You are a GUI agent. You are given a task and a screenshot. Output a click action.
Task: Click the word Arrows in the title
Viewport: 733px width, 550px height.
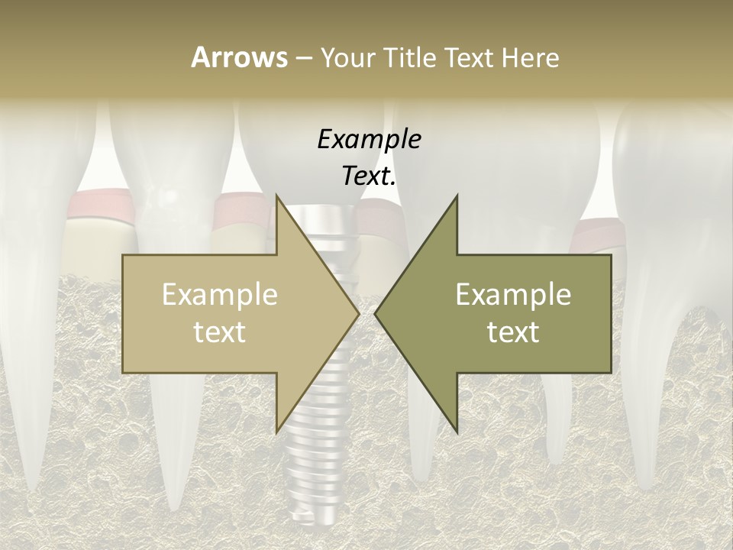pos(239,57)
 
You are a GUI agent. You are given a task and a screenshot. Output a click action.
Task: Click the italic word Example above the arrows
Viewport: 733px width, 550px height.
pos(369,139)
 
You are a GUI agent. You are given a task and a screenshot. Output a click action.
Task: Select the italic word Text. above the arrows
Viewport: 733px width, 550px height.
pos(369,176)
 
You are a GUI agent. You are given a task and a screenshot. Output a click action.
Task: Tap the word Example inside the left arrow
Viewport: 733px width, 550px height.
pos(219,295)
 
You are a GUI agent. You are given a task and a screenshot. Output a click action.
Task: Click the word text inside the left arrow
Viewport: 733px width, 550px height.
pos(219,332)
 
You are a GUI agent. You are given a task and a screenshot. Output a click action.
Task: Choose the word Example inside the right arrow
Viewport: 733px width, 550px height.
pos(513,295)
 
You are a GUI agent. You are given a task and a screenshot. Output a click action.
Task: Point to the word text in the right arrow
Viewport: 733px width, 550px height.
pos(513,332)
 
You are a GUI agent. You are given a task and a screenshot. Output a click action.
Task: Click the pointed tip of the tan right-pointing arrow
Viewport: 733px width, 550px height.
pos(359,313)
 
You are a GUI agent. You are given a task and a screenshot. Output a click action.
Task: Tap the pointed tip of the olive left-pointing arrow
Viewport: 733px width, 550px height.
pos(375,313)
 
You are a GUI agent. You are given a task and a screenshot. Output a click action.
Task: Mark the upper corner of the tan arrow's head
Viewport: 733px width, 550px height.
pos(276,195)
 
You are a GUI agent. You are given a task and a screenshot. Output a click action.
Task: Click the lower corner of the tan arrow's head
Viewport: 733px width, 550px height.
pos(276,432)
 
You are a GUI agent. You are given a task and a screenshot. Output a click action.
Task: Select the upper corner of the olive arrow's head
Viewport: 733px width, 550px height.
pos(457,195)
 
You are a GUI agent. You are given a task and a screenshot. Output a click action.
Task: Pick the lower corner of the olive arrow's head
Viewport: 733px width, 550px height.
pos(457,432)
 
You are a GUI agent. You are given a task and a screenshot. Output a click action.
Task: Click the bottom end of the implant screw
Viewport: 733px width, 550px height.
pos(311,527)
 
